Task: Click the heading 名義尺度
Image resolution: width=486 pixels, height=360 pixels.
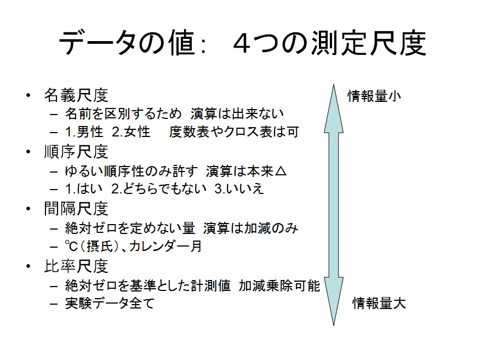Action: tap(76, 95)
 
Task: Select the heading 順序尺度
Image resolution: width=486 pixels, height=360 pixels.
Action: tap(76, 152)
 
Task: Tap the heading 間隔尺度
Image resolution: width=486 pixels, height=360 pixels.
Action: tap(76, 208)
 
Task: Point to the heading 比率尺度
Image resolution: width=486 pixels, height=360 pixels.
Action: tap(76, 266)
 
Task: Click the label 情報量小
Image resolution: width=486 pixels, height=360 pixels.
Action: tap(374, 96)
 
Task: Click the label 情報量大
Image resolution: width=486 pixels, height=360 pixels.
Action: tap(379, 303)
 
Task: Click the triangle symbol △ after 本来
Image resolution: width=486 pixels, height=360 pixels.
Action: tap(280, 171)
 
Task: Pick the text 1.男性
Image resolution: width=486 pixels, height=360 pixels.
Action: tap(84, 132)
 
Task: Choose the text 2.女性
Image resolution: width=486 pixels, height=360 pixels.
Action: tap(131, 132)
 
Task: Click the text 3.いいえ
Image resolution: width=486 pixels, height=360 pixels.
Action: tap(239, 189)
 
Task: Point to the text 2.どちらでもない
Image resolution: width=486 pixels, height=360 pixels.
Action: tap(159, 189)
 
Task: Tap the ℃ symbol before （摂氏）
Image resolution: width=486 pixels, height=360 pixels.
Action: tap(71, 246)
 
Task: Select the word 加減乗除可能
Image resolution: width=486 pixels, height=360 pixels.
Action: tap(279, 285)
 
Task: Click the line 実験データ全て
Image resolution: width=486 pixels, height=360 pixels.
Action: tap(110, 303)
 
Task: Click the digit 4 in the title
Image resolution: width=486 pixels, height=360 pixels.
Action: tap(242, 44)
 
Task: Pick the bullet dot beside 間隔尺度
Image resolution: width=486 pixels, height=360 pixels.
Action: tap(28, 208)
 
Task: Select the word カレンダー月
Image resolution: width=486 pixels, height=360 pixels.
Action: tap(165, 246)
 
